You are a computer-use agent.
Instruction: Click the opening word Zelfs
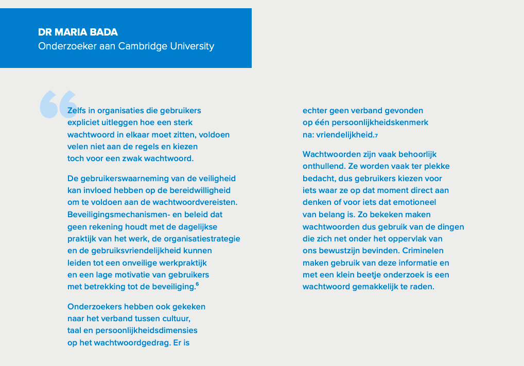coord(78,111)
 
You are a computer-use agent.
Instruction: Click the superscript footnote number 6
coord(197,284)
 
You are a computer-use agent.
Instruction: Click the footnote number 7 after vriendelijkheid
coord(376,135)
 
